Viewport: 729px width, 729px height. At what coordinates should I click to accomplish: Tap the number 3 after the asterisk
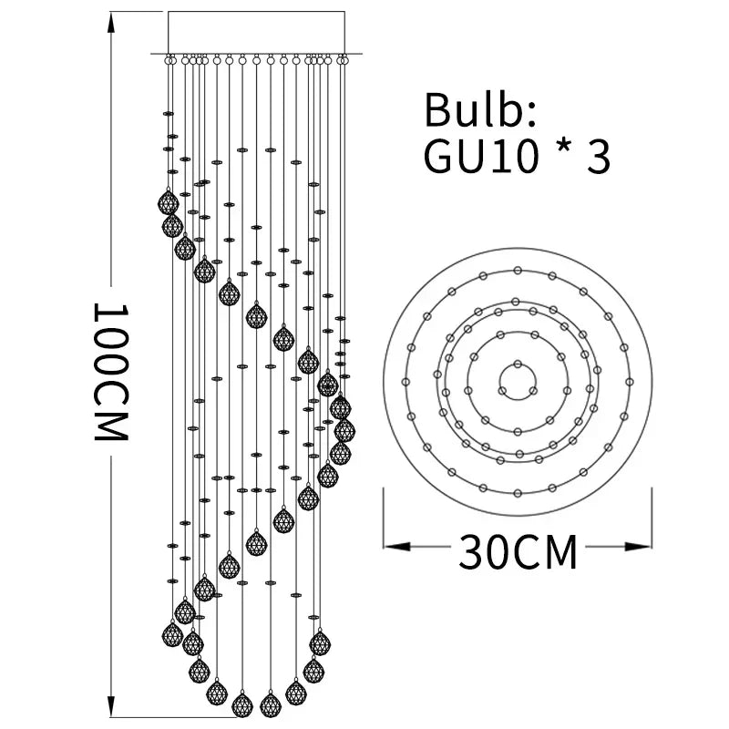(597, 157)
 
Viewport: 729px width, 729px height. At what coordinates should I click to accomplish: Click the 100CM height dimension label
(108, 371)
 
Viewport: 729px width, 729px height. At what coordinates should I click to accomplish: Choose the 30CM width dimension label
(518, 550)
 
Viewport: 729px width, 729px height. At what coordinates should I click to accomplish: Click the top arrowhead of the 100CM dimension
(112, 20)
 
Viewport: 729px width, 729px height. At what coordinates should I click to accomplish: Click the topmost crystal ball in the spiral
(168, 202)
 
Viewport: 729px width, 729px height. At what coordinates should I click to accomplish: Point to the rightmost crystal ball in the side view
(344, 429)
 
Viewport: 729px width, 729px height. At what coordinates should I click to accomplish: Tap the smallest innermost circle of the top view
(518, 378)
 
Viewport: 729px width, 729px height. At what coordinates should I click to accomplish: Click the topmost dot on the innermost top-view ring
(518, 363)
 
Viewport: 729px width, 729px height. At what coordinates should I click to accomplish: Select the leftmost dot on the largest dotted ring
(406, 378)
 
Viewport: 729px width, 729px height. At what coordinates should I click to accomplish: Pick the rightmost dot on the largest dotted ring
(629, 378)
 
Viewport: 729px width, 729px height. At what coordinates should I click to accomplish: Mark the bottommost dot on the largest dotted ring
(518, 491)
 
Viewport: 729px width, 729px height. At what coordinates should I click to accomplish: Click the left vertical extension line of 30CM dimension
(383, 519)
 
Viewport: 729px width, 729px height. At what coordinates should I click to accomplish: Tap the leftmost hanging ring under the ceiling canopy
(169, 61)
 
